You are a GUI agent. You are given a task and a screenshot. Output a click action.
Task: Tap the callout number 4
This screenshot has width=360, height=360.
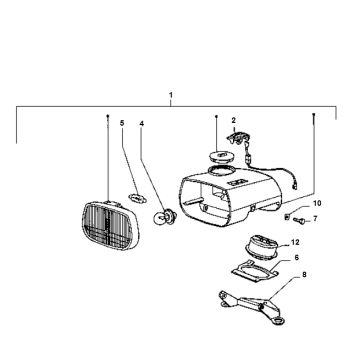click(141, 125)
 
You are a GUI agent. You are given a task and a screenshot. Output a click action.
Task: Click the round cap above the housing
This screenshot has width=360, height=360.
click(217, 154)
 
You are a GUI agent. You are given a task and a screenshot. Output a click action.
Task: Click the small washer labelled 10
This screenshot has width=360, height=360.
click(287, 213)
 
